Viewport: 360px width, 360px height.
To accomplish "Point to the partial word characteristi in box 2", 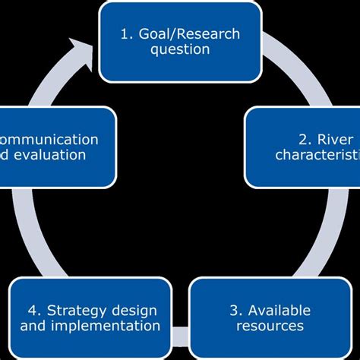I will [x=317, y=156].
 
